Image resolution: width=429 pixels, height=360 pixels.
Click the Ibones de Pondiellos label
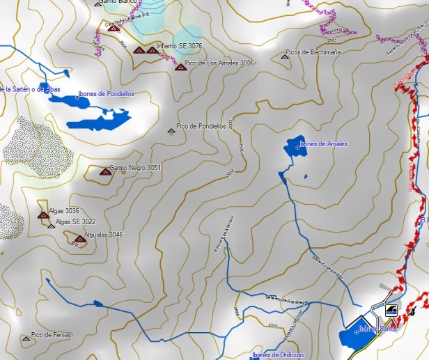pos(106,93)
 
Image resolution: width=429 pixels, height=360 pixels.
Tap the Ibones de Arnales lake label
pos(323,144)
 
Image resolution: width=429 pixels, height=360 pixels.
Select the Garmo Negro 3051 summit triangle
pos(105,171)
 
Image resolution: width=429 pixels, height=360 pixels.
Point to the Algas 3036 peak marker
pos(43,214)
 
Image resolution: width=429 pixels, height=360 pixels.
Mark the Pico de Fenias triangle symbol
pos(26,338)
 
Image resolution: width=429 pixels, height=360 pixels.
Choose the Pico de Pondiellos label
pos(201,127)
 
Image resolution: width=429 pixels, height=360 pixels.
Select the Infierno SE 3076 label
pos(180,46)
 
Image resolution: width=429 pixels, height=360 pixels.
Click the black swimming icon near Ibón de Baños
pos(391,310)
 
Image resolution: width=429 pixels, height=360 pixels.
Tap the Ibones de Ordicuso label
pos(279,355)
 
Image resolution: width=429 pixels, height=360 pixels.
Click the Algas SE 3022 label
pos(76,222)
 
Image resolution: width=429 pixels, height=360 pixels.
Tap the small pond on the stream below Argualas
pos(97,304)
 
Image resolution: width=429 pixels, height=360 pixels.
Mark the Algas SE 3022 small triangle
pos(51,226)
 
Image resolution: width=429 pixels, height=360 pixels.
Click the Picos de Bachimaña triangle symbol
pos(285,56)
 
